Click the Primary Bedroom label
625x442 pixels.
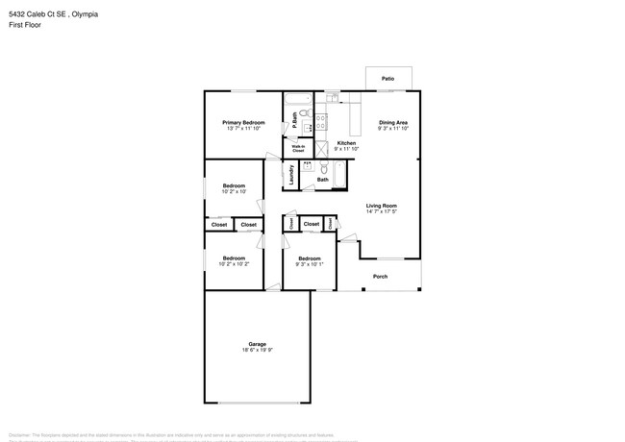pos(243,123)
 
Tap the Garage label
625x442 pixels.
pos(257,344)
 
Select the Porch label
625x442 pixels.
pos(381,277)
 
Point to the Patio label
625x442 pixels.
pos(387,79)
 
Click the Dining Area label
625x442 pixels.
pos(393,123)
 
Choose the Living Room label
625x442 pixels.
pos(382,206)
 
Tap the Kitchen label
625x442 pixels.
pos(346,143)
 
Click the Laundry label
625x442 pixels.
pos(290,174)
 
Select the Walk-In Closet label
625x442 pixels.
pos(298,149)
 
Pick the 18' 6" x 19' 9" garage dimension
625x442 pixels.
pos(257,351)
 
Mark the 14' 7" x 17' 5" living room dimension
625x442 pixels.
pos(382,212)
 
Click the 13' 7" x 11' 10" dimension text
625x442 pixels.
pos(243,130)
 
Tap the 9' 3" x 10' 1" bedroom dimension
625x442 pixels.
pos(309,264)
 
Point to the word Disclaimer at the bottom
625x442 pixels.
pos(21,434)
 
